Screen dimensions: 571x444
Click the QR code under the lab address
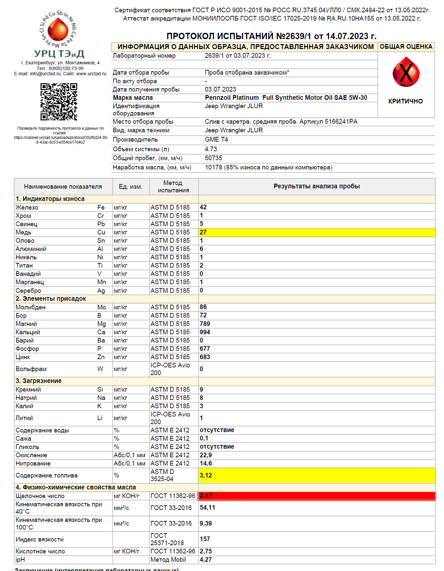[x=59, y=102]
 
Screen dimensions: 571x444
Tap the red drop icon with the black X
[x=406, y=72]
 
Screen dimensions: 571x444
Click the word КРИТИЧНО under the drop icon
[x=406, y=101]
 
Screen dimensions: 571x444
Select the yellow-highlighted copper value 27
[x=203, y=232]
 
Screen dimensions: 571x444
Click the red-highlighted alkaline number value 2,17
[x=206, y=496]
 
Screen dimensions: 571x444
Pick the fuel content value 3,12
[x=206, y=476]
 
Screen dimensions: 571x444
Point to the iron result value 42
[x=203, y=207]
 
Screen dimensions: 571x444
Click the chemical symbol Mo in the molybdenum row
[x=101, y=307]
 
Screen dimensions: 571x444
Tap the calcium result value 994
[x=205, y=332]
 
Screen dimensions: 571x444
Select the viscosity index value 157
[x=205, y=539]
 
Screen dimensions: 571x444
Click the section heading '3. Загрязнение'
[x=38, y=381]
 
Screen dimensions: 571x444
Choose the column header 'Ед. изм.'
[x=131, y=187]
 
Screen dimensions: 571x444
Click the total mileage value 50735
[x=213, y=158]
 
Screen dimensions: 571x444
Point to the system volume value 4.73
[x=211, y=149]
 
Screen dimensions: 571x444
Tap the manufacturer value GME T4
[x=216, y=140]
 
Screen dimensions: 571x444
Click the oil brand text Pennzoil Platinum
[x=232, y=98]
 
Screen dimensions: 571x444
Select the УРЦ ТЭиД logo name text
[x=59, y=54]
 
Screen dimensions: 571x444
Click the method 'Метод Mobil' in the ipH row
[x=168, y=560]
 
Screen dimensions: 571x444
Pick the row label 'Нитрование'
[x=33, y=464]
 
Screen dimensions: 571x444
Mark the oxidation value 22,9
[x=206, y=455]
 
